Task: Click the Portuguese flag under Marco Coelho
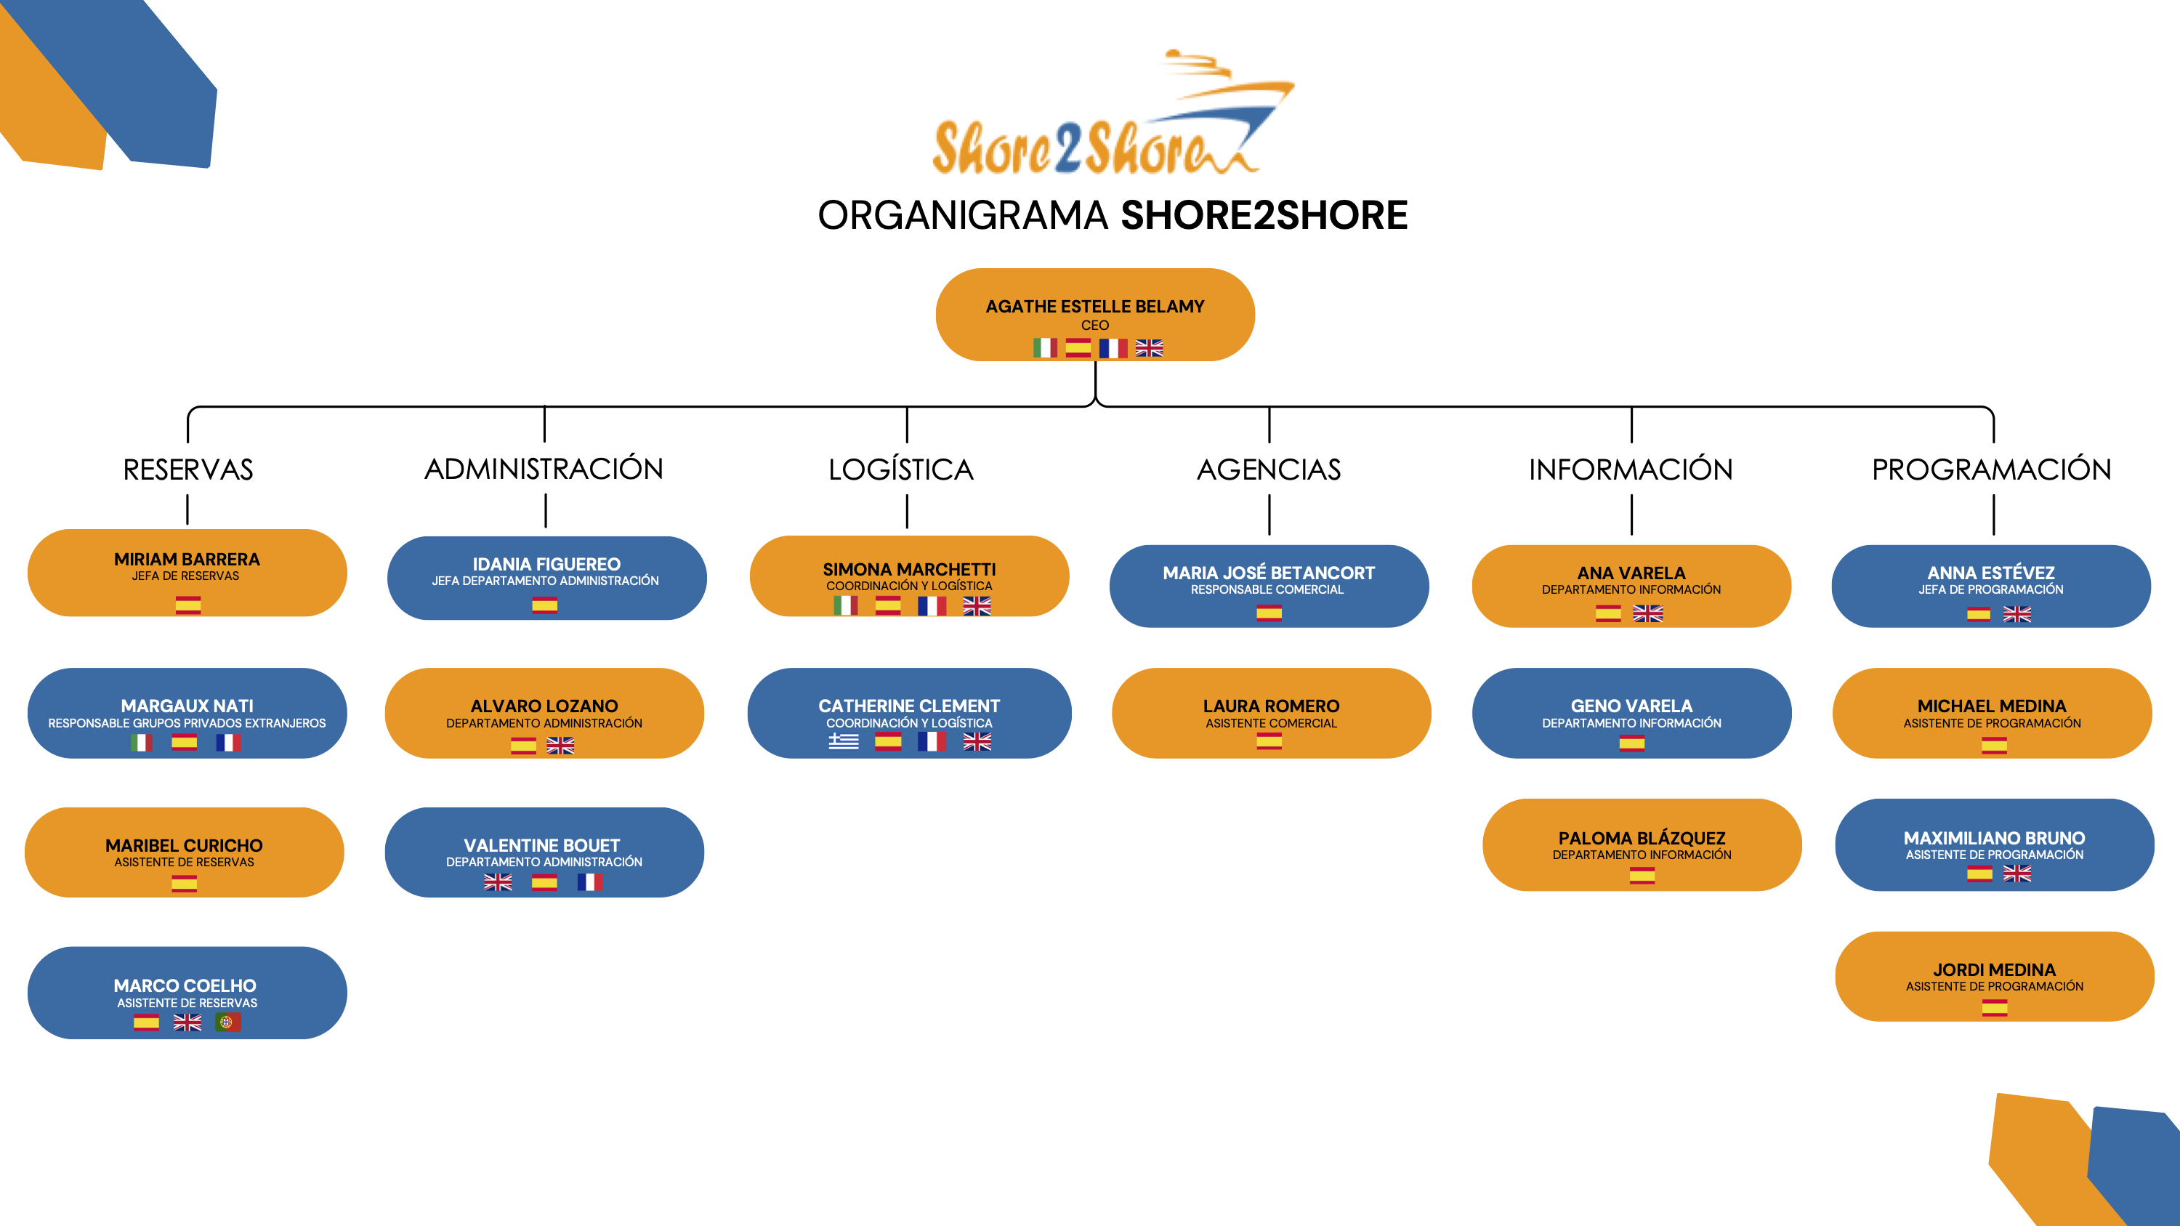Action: click(x=227, y=1022)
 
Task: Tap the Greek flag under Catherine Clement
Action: click(x=843, y=742)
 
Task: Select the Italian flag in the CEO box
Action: click(x=1045, y=348)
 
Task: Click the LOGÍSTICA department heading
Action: click(x=900, y=469)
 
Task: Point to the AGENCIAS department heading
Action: click(x=1269, y=469)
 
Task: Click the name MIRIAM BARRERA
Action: click(x=187, y=560)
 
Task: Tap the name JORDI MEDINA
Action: click(x=1994, y=969)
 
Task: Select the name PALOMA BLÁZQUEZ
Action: click(x=1642, y=838)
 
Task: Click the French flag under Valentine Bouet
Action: click(x=590, y=882)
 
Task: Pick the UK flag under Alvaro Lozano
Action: click(x=560, y=746)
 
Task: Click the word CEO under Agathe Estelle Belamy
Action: click(x=1094, y=326)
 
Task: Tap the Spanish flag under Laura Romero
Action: click(x=1269, y=742)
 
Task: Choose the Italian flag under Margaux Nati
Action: click(x=141, y=743)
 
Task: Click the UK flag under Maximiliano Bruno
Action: click(x=2016, y=874)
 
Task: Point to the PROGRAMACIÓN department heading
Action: click(x=1991, y=469)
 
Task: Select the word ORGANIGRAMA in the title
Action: click(x=962, y=216)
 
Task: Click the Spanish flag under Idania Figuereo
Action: click(x=544, y=605)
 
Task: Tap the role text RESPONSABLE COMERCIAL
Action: click(x=1267, y=589)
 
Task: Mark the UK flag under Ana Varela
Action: click(x=1647, y=614)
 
